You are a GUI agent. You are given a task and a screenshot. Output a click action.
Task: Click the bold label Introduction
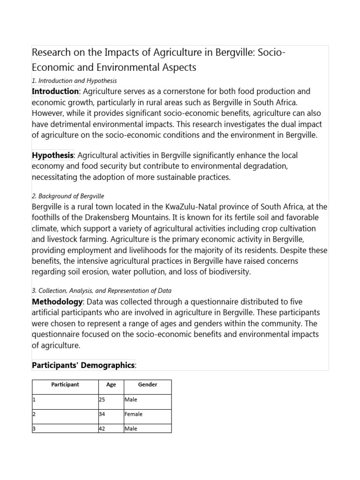[x=55, y=91]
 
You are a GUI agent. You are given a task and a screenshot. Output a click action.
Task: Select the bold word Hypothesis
[x=52, y=155]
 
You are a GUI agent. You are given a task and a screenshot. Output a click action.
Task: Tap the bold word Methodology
[x=57, y=302]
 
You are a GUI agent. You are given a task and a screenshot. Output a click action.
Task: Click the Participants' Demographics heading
[x=83, y=365]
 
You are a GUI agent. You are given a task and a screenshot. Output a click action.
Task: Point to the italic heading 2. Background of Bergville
[x=68, y=196]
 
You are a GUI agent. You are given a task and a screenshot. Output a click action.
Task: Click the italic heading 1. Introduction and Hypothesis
[x=74, y=81]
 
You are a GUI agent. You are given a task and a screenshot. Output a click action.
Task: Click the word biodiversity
[x=218, y=271]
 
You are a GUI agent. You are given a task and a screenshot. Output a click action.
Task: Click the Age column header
[x=111, y=385]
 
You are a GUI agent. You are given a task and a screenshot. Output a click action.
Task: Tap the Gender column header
[x=148, y=385]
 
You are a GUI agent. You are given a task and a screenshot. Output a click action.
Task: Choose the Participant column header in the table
[x=65, y=385]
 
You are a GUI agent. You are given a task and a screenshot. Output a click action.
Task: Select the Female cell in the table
[x=134, y=414]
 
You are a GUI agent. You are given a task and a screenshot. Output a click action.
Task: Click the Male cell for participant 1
[x=131, y=400]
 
